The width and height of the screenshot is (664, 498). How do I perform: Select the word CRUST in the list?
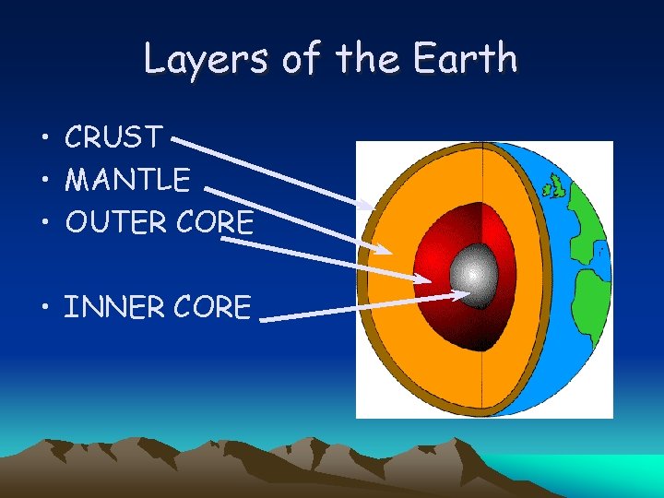pyautogui.click(x=113, y=138)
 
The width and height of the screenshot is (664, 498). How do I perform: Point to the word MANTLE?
pyautogui.click(x=127, y=179)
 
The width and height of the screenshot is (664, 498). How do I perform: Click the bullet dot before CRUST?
pyautogui.click(x=44, y=139)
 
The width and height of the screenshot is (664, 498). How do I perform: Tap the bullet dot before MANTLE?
pyautogui.click(x=44, y=180)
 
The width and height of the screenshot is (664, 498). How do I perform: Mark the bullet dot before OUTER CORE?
pyautogui.click(x=44, y=223)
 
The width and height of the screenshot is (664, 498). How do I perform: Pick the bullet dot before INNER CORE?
pyautogui.click(x=44, y=308)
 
